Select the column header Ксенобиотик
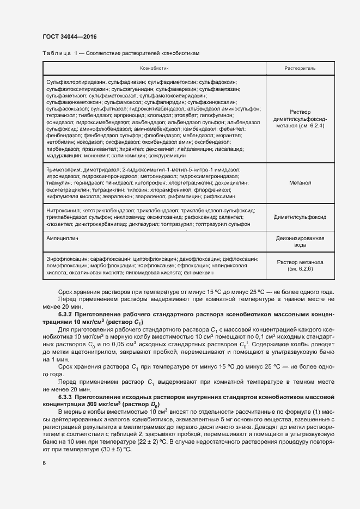(155, 69)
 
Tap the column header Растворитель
(300, 69)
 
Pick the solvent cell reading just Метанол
(300, 183)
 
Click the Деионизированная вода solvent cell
(300, 242)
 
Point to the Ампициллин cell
(62, 237)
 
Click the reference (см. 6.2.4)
(300, 125)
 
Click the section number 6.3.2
(67, 315)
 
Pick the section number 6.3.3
(67, 398)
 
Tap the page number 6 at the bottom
(44, 463)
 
